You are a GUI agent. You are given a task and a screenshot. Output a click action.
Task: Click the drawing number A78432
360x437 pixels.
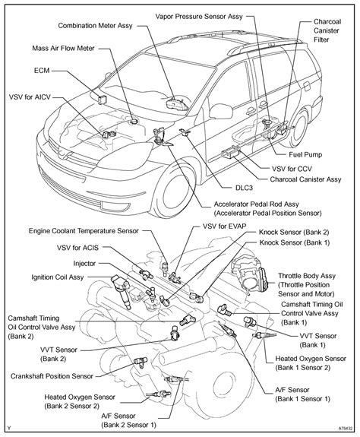(x=343, y=430)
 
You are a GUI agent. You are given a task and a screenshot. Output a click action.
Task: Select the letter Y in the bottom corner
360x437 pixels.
(x=8, y=430)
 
